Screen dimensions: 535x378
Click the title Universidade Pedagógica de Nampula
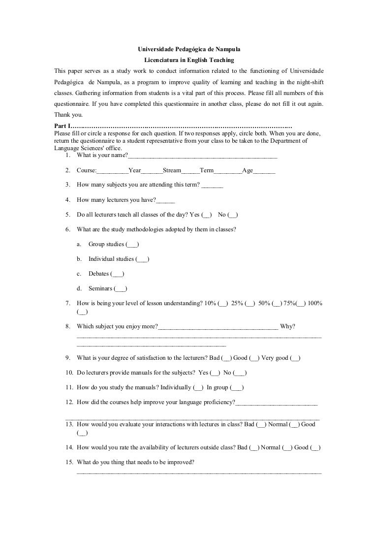[x=189, y=50]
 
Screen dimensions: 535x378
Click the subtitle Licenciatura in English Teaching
[x=189, y=60]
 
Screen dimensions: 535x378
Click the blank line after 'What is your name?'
[x=202, y=156]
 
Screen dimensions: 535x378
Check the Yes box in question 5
[x=207, y=215]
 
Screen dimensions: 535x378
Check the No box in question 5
[x=234, y=215]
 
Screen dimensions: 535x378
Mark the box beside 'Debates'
[x=118, y=274]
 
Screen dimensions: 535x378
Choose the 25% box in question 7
[x=249, y=304]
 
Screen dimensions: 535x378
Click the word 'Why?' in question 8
[x=287, y=326]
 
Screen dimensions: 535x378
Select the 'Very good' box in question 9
[x=295, y=358]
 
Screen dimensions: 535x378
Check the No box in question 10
[x=240, y=373]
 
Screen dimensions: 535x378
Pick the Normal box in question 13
[x=294, y=424]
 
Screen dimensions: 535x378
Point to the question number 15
[x=69, y=462]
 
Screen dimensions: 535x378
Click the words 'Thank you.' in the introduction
[x=68, y=115]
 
